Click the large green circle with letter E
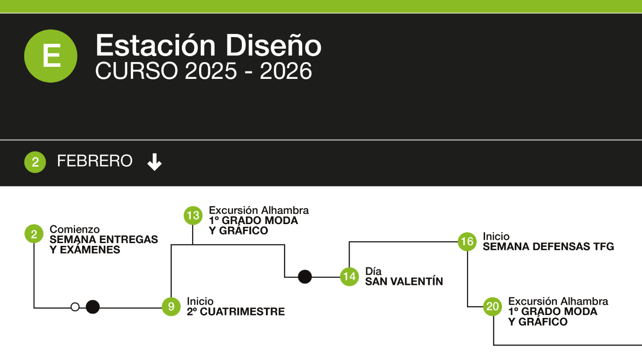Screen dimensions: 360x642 click(51, 56)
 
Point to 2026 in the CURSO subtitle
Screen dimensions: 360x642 click(286, 71)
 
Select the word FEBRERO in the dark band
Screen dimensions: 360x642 click(95, 161)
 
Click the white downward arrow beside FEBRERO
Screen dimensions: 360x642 click(155, 162)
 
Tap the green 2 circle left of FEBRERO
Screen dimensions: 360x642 click(35, 162)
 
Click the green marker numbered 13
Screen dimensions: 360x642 click(193, 215)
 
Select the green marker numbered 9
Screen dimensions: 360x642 click(171, 307)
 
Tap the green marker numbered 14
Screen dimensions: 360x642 click(349, 276)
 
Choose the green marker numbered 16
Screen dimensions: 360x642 click(467, 241)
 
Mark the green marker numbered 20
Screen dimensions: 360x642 click(493, 307)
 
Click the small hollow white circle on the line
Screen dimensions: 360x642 click(75, 307)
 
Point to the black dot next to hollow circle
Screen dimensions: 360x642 click(93, 307)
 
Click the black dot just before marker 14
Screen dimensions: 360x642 click(305, 276)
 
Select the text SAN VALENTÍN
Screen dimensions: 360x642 click(404, 282)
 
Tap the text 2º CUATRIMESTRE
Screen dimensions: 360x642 click(236, 312)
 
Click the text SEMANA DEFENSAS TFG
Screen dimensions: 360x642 click(548, 247)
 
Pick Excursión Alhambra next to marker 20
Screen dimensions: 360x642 click(558, 302)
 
